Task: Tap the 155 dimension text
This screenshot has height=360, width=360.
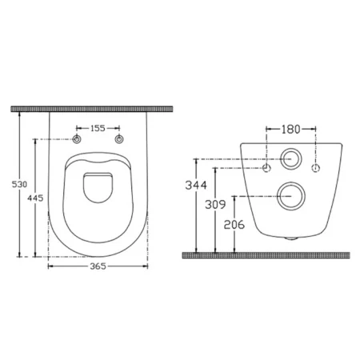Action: pos(98,127)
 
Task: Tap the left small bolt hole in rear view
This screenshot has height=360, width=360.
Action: pos(267,168)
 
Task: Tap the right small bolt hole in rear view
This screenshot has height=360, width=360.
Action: pos(316,168)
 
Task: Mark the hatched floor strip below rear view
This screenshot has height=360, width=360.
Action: pos(269,255)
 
